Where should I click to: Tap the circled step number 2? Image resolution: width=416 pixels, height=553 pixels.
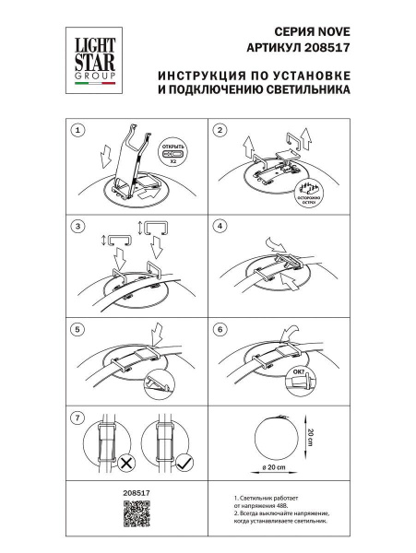[220, 130]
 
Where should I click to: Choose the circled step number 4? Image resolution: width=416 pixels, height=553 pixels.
[220, 225]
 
